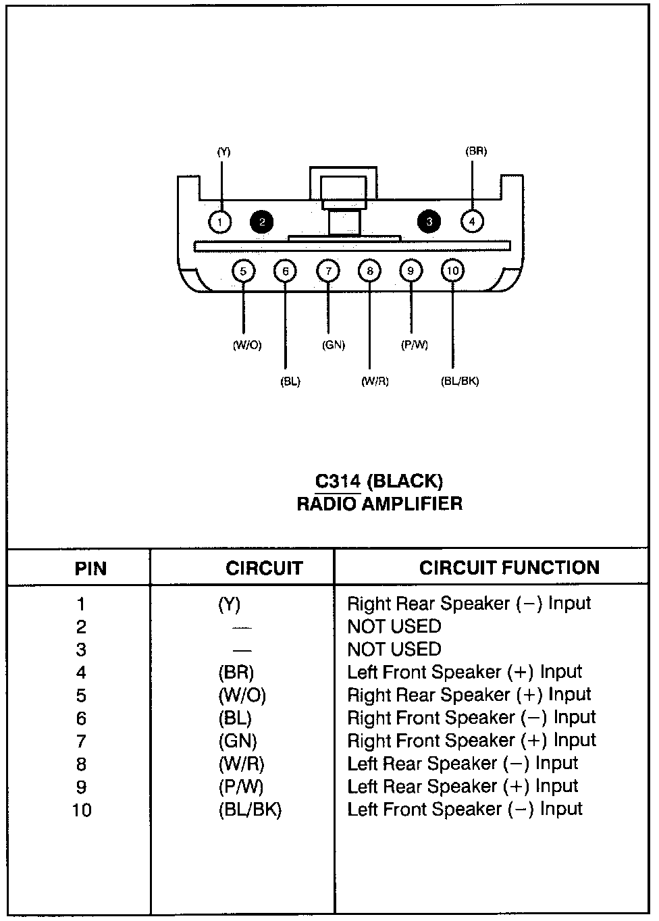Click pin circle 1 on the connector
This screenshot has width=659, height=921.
point(219,221)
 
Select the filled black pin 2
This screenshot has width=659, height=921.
point(261,221)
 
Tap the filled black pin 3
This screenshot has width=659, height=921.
point(429,221)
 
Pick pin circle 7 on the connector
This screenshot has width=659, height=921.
point(327,271)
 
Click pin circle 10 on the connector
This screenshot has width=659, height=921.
point(452,271)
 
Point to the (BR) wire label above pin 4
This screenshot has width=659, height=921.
point(476,151)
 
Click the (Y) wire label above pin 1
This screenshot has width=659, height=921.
point(223,152)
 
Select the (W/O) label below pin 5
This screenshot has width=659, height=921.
point(246,345)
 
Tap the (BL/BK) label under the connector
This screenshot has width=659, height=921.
point(460,381)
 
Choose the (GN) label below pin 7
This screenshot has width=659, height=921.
point(334,345)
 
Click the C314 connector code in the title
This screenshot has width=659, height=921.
point(338,481)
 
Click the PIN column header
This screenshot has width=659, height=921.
point(90,569)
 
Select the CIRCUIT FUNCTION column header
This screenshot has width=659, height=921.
point(509,567)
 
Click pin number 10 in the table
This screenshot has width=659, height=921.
point(82,810)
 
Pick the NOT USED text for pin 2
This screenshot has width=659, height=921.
point(394,627)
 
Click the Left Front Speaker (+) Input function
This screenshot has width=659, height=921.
point(465,673)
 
